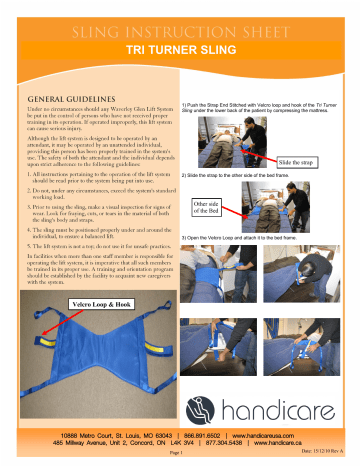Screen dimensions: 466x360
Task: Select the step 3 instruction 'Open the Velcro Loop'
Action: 250,237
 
